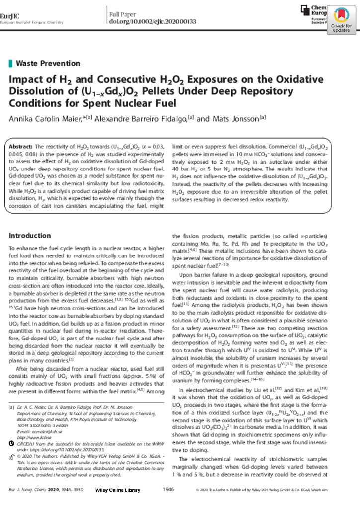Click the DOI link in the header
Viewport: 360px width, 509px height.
(x=153, y=21)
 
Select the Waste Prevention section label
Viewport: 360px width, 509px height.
(x=48, y=63)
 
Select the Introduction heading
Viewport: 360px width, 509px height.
(x=30, y=236)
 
